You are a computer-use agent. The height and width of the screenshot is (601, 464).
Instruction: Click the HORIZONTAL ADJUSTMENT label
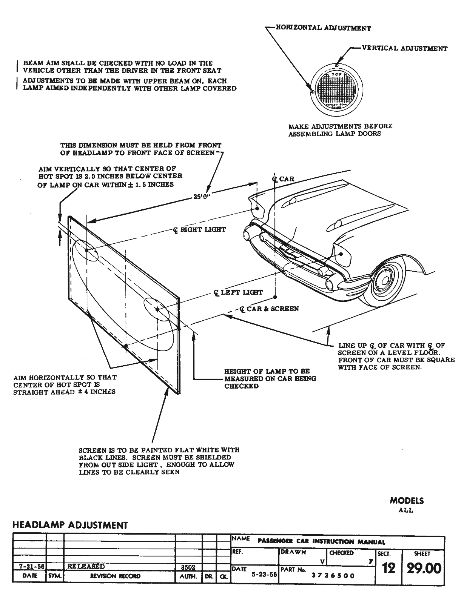click(323, 28)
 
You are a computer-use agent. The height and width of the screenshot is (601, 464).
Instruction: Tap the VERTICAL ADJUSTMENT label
click(404, 48)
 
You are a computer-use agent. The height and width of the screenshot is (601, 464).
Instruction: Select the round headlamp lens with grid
click(336, 91)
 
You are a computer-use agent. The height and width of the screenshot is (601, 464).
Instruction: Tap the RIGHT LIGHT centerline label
click(200, 229)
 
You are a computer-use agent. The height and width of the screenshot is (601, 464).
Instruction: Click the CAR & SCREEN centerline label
click(270, 309)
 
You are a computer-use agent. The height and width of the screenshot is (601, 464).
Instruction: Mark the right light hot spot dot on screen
click(86, 250)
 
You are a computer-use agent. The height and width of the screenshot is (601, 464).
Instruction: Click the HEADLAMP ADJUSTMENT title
click(70, 525)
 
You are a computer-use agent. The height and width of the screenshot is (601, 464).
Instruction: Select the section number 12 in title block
click(388, 568)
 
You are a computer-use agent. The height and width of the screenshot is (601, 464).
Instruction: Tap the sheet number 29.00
click(423, 568)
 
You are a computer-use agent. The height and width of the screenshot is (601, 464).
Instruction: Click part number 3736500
click(333, 576)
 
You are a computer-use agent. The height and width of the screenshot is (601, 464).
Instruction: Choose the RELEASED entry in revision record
click(86, 566)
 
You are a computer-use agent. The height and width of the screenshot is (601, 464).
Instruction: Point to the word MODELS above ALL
click(407, 501)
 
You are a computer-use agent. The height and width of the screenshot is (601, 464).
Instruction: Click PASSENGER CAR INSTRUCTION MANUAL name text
click(321, 542)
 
